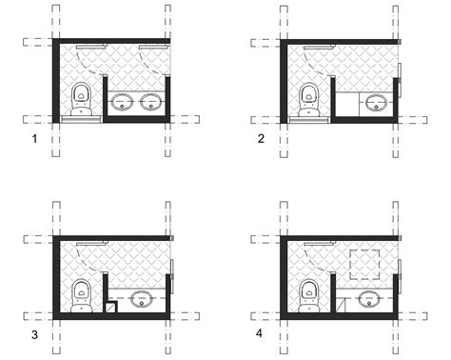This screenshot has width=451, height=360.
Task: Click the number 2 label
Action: pos(260,139)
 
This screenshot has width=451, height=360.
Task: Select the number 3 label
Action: pos(34,334)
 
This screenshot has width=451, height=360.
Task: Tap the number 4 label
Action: pos(261,334)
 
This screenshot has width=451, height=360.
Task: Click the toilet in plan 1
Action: pos(82,97)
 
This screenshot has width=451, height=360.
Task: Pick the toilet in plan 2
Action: pos(309,97)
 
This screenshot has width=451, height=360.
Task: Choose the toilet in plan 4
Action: pos(309,292)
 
